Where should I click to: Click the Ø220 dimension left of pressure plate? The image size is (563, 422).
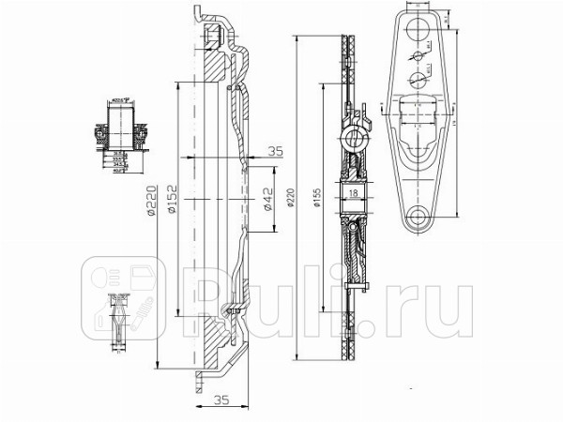(151, 199)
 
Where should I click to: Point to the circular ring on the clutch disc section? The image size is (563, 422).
(357, 142)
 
